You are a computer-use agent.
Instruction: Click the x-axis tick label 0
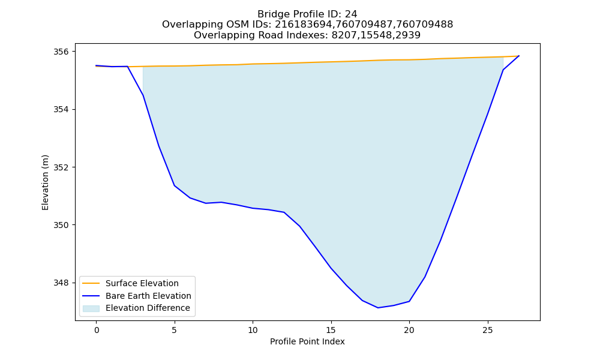(96, 330)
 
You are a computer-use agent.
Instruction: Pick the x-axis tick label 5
(175, 330)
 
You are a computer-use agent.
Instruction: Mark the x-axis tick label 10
(253, 330)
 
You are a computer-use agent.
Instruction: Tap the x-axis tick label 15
(331, 330)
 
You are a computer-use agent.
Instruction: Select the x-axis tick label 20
(409, 330)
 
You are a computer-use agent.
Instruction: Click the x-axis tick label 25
(487, 330)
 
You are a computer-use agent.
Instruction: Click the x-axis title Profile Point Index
(307, 341)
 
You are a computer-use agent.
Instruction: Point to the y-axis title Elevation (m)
(45, 182)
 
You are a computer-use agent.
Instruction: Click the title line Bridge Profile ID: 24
(307, 14)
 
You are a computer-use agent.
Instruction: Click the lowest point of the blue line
(378, 308)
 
